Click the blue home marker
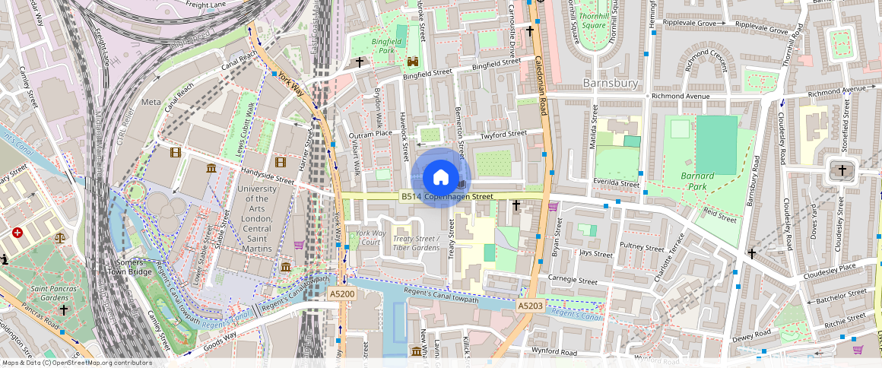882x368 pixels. [440, 178]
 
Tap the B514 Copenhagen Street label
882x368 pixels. [447, 197]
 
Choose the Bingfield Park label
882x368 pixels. [389, 45]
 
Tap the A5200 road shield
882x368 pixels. [341, 293]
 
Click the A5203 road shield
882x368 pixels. [530, 305]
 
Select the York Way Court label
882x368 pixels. [370, 237]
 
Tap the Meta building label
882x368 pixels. [151, 102]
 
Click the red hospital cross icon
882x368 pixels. [17, 233]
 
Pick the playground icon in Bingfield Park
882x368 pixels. [413, 61]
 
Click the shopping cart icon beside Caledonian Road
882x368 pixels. [553, 205]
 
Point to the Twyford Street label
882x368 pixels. [503, 135]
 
